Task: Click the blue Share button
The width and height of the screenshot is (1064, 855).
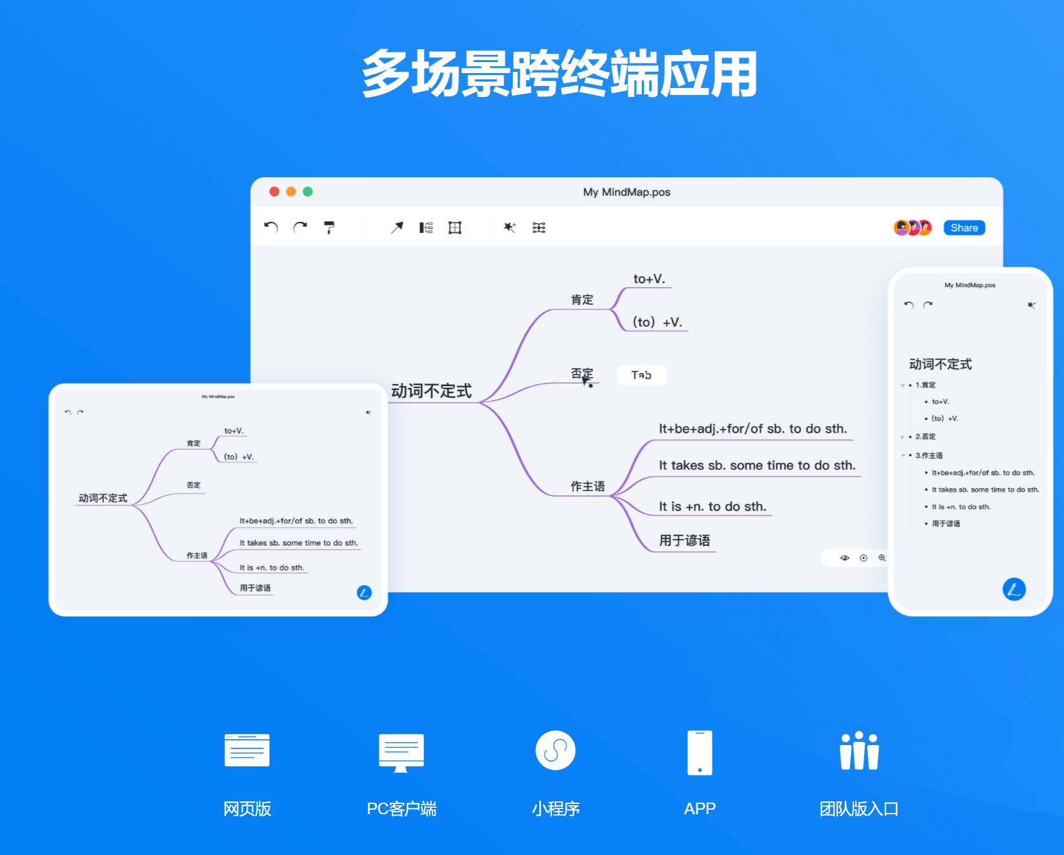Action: tap(964, 228)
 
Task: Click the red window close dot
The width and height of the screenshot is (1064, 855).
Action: tap(274, 191)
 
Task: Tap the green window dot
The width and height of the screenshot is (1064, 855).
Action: tap(308, 191)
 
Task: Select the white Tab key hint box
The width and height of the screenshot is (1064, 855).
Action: tap(641, 375)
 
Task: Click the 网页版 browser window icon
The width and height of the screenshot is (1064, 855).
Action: tap(247, 750)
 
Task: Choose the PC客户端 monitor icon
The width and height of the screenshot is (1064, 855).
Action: tap(401, 752)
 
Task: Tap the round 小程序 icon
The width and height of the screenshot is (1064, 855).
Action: tap(555, 750)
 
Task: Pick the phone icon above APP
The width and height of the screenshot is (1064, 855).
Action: tap(699, 752)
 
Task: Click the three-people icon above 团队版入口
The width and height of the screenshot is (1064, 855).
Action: tap(859, 751)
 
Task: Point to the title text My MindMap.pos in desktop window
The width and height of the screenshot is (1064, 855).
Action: tap(626, 192)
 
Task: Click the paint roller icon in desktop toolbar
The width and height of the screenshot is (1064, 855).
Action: tap(329, 228)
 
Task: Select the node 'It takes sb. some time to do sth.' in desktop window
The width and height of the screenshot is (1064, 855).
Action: tap(757, 466)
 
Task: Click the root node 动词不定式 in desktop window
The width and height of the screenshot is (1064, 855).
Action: tap(431, 391)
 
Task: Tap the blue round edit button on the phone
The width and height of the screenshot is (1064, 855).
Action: tap(1014, 589)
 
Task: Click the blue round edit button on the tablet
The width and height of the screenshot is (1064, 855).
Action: tap(364, 592)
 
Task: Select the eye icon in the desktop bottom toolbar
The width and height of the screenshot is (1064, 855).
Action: tap(844, 558)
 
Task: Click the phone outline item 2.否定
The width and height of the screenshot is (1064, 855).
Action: tap(925, 437)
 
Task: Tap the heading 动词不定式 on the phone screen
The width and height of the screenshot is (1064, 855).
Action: tap(940, 365)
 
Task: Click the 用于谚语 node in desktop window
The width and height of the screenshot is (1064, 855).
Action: tap(684, 541)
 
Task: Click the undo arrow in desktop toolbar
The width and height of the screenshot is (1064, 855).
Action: tap(271, 228)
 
